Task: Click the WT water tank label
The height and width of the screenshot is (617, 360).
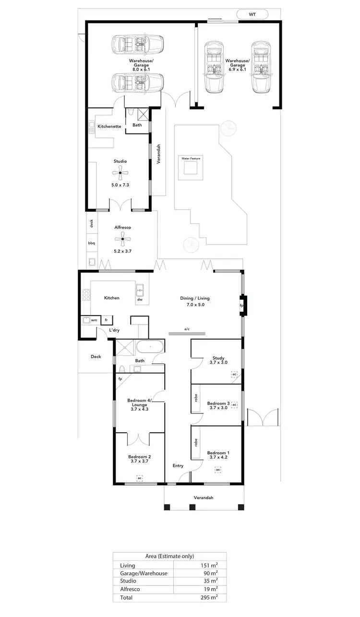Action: point(252,15)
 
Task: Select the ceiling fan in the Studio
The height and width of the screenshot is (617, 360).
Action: point(120,173)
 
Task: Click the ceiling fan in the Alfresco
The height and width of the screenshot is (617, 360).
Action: point(123,239)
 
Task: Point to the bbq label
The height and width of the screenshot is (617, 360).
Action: point(91,243)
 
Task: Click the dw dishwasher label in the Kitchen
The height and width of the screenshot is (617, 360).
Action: point(140,299)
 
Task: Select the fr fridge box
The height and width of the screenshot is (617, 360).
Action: point(106,319)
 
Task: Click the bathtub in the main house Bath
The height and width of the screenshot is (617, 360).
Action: point(150,347)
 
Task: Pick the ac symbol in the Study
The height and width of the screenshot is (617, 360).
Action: point(234,375)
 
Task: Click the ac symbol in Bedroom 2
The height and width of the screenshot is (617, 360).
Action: point(139,478)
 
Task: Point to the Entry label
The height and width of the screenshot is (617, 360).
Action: point(178,466)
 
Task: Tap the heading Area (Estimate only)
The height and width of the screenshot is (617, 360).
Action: point(169,556)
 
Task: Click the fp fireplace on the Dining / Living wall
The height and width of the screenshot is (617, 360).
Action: point(241,305)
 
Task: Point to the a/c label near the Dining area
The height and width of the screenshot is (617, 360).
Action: point(187,329)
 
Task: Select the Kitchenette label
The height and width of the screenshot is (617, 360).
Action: point(109,126)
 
